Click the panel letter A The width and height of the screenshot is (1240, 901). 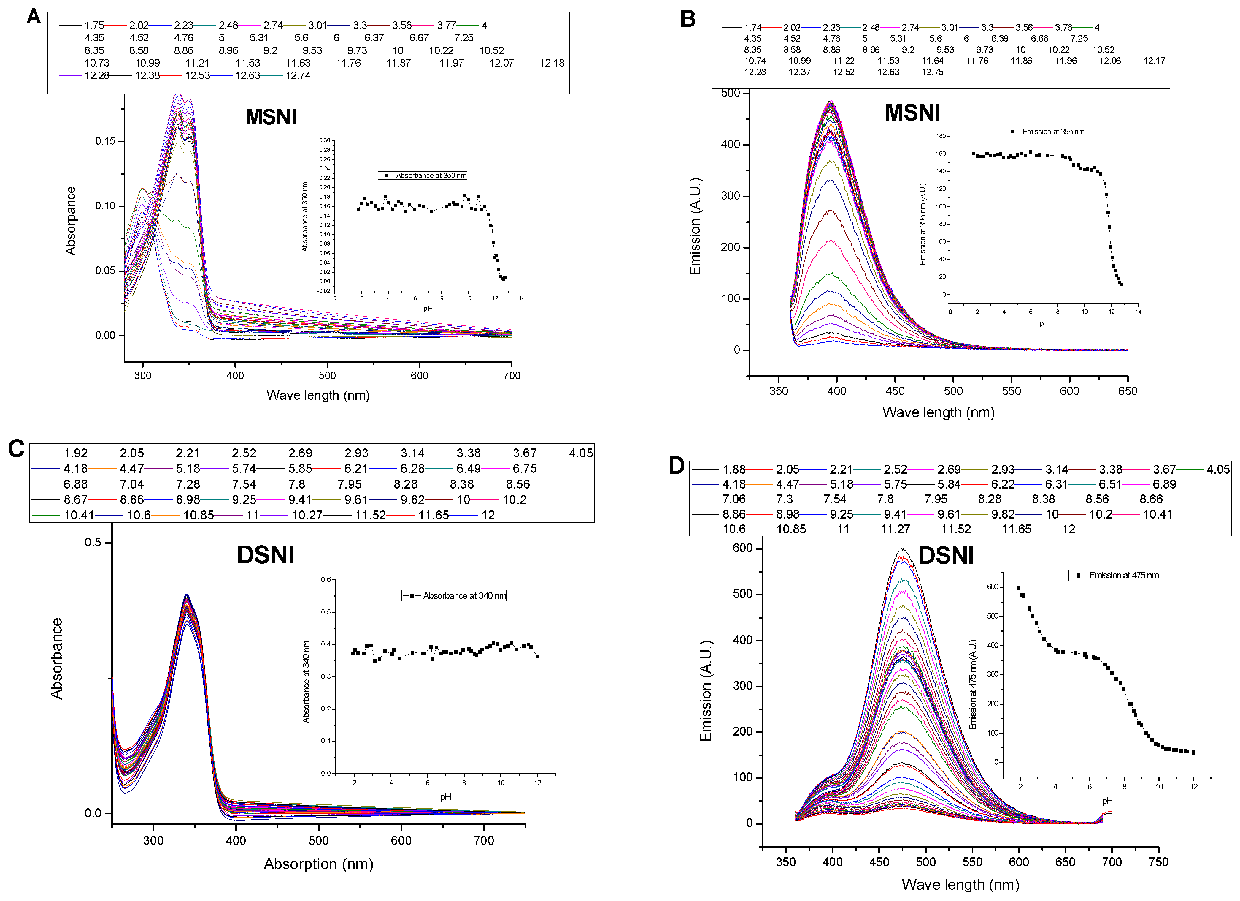point(33,16)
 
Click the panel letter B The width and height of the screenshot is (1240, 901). point(688,19)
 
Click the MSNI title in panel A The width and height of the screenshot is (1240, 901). point(271,117)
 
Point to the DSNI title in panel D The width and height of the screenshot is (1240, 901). point(946,556)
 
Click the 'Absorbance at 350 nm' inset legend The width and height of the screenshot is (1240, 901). point(423,176)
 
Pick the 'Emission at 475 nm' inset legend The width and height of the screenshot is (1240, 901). point(1114,576)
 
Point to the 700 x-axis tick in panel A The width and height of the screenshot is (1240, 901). point(512,375)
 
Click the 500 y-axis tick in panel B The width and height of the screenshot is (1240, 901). point(731,93)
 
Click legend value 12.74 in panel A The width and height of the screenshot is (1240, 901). point(298,75)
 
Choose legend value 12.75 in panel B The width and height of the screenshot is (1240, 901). point(932,72)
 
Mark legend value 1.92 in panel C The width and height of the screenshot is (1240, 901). point(75,453)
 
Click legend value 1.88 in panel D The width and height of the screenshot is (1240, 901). point(734,470)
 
